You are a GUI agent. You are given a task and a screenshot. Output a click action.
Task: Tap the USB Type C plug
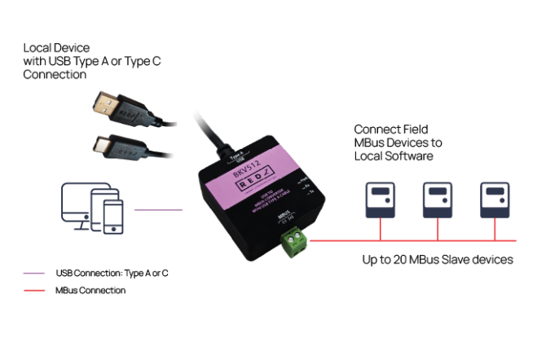105,147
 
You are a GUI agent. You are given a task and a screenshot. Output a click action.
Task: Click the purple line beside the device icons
160,210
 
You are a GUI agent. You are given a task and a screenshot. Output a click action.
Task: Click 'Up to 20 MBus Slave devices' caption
437,260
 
